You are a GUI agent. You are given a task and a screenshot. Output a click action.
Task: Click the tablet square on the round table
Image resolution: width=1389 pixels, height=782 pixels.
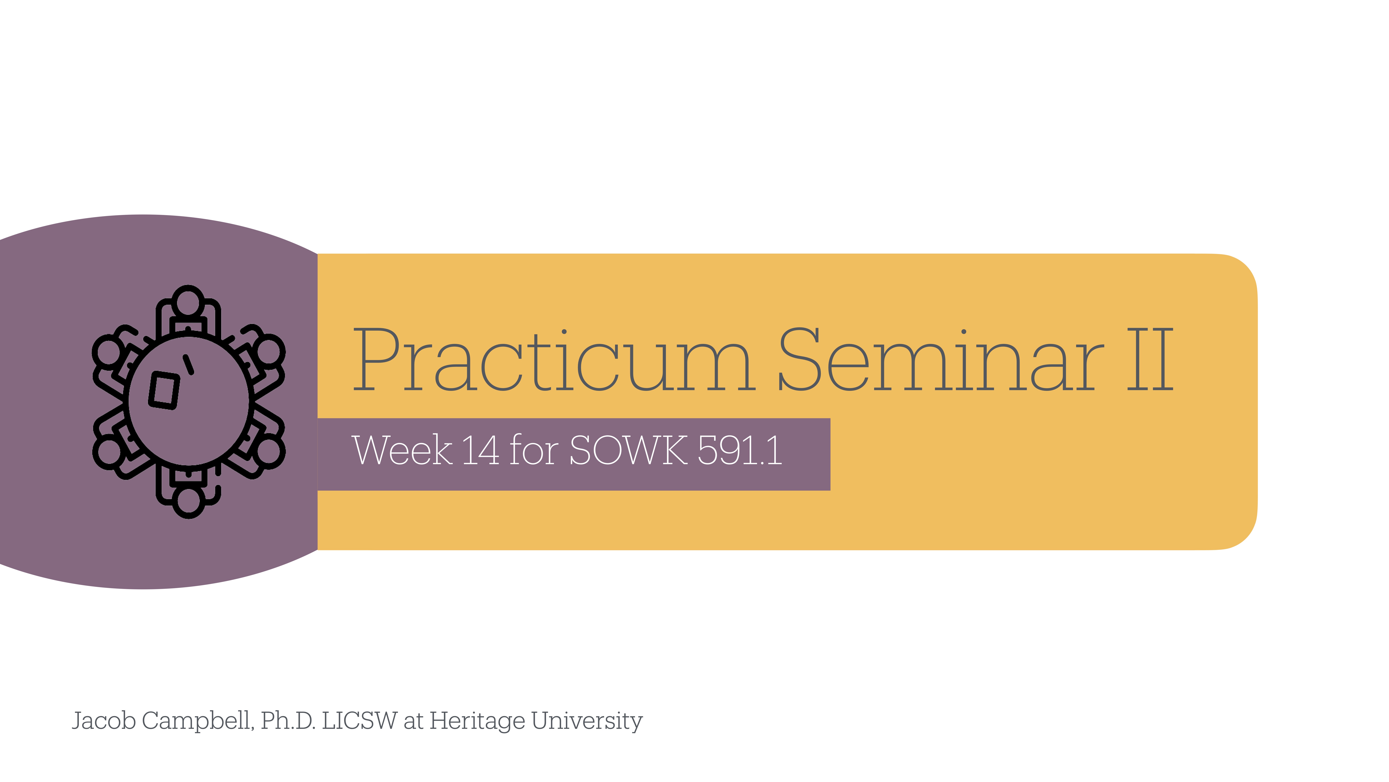pos(164,390)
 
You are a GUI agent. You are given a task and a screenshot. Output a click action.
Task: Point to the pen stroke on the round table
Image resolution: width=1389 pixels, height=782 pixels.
pos(188,364)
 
